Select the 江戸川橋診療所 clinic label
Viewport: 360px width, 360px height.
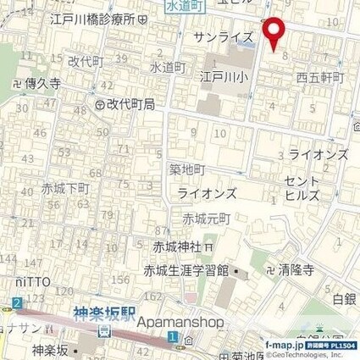click(x=93, y=18)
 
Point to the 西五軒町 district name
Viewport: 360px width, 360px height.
click(x=320, y=77)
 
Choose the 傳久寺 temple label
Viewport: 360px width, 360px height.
click(x=41, y=85)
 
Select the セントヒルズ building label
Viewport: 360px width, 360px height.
click(x=303, y=187)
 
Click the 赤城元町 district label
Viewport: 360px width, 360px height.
click(x=206, y=218)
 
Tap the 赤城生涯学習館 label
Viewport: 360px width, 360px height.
click(x=191, y=271)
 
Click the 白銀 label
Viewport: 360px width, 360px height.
click(x=345, y=298)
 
